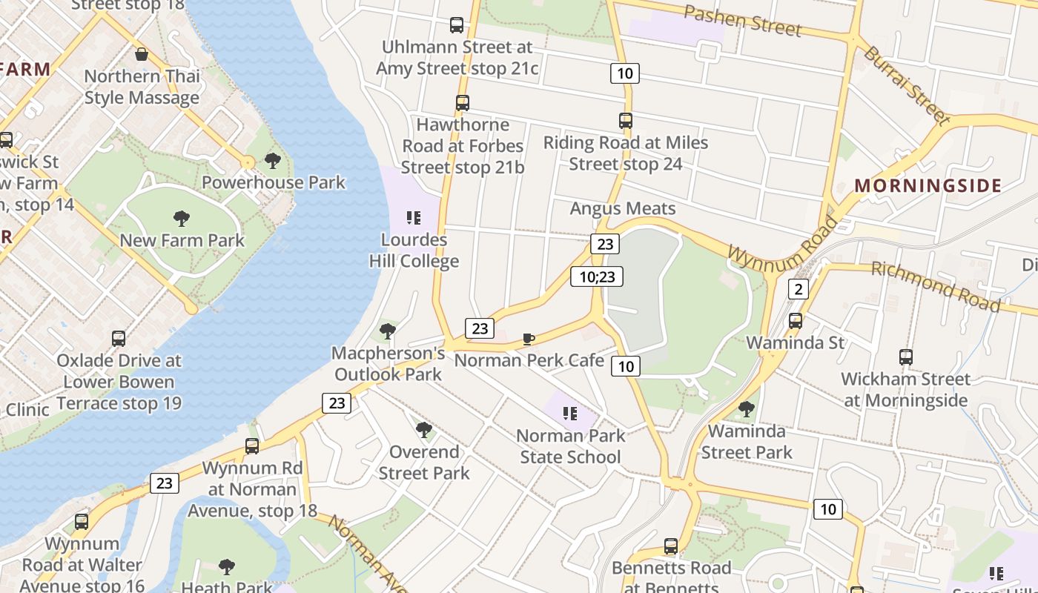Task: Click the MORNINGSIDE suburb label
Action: (x=928, y=185)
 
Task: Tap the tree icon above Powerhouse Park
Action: (x=273, y=160)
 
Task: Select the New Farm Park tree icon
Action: (x=182, y=218)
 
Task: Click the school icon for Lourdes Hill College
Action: (x=414, y=218)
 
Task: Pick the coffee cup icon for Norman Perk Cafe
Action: (x=529, y=339)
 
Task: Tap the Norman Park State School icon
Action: (x=569, y=414)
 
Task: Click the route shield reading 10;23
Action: (x=597, y=277)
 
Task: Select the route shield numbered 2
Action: (x=798, y=289)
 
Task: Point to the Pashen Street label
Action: (x=742, y=20)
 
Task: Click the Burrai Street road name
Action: (x=906, y=85)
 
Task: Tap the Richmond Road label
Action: (x=935, y=285)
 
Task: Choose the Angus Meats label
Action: (x=623, y=208)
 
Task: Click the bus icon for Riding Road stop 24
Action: (x=626, y=121)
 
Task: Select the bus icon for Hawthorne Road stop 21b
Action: (x=463, y=103)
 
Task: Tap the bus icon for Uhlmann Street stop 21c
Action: (x=457, y=25)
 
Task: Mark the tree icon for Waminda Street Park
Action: (x=747, y=408)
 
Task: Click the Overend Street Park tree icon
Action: (x=424, y=429)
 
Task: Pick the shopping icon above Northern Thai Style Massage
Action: (x=142, y=54)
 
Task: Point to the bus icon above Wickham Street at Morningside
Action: (x=905, y=357)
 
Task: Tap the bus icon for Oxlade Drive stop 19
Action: (x=119, y=339)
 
